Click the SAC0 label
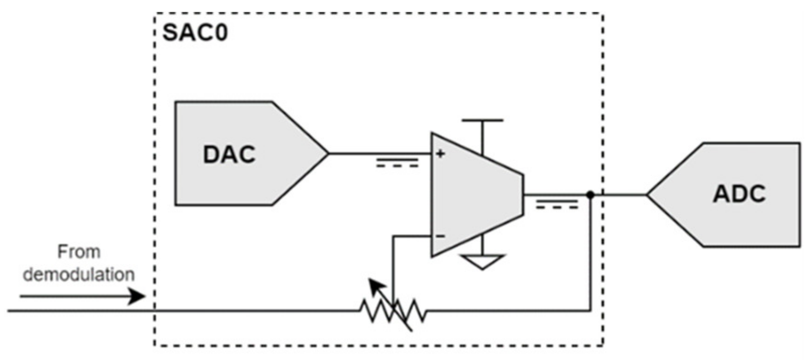pos(195,33)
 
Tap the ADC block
pos(744,219)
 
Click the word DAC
pos(229,154)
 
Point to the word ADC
pos(739,194)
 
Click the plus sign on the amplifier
pos(440,153)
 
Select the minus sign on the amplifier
pos(440,236)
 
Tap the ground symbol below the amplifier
pos(482,261)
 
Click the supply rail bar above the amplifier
pos(482,120)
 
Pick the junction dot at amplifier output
pos(590,194)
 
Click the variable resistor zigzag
pos(393,311)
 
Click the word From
pos(79,252)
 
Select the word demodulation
pos(79,274)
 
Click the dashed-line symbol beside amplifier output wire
pos(557,204)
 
